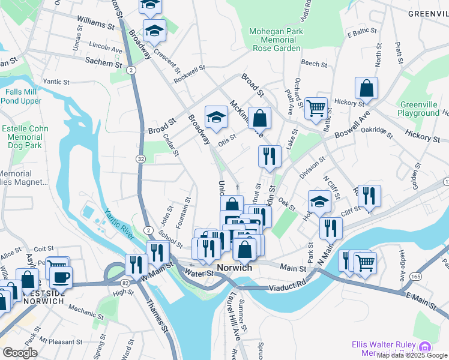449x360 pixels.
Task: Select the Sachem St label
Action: coord(99,61)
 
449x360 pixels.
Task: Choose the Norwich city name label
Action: coord(235,268)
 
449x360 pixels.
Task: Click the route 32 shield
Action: coord(140,158)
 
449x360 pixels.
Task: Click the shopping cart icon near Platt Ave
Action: coord(316,109)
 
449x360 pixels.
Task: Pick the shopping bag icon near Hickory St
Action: coord(366,89)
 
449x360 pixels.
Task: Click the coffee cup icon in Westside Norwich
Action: coord(60,277)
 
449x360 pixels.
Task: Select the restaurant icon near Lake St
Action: coord(270,156)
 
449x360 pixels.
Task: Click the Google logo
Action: coord(20,353)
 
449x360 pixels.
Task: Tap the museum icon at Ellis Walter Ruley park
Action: coord(425,347)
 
